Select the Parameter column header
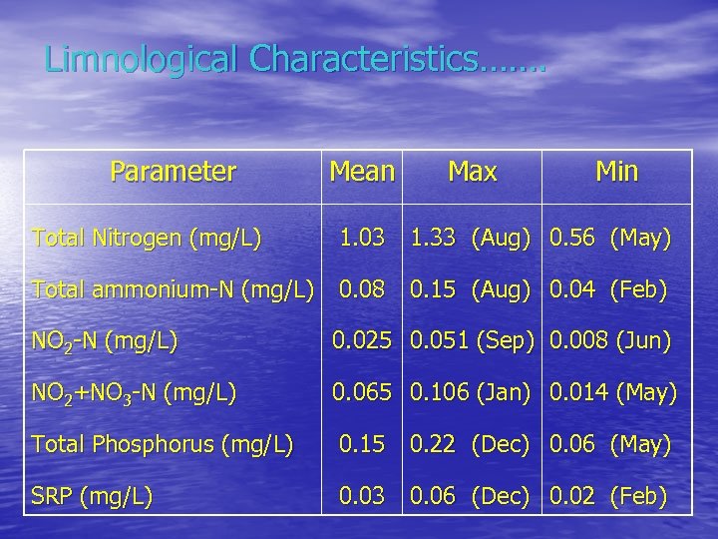click(173, 173)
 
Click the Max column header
click(472, 173)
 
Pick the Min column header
click(616, 173)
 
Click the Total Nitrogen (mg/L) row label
click(147, 239)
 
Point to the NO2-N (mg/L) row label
click(105, 343)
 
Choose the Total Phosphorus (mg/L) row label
click(163, 444)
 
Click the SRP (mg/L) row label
click(92, 496)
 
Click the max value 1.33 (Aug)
click(475, 239)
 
